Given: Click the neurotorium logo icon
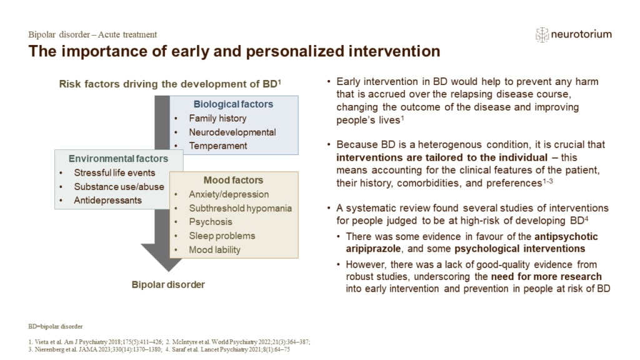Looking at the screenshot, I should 542,35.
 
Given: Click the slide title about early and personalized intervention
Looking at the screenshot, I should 234,51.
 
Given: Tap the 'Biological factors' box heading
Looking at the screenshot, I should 233,104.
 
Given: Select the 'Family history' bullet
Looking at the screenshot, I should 217,118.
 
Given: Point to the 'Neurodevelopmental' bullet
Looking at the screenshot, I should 232,132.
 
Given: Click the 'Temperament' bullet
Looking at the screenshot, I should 218,146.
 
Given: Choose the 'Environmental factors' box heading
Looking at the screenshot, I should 118,159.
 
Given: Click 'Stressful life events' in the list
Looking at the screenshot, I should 115,173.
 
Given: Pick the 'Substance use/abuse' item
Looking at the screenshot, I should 119,187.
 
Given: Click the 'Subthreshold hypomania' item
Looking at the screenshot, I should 240,208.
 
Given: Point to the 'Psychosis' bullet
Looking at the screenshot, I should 210,222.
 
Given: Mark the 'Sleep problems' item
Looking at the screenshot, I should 222,236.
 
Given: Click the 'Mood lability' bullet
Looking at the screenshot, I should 214,249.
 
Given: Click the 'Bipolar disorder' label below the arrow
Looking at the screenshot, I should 168,284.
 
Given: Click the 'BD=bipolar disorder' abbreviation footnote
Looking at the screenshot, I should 55,326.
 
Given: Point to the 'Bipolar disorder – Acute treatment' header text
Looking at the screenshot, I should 92,34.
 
